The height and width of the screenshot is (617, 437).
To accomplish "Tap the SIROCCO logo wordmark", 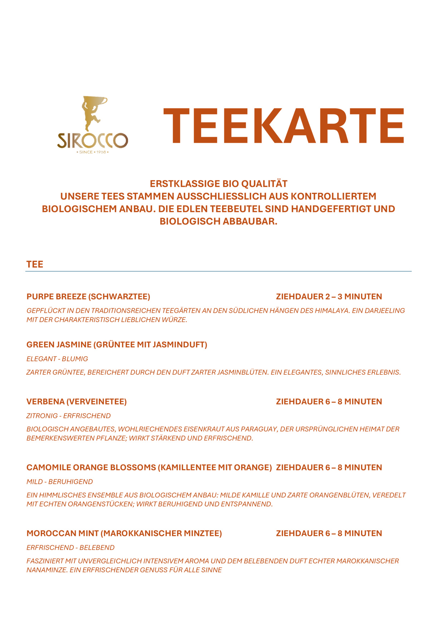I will [93, 141].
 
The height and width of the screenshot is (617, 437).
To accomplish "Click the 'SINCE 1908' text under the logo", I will [93, 152].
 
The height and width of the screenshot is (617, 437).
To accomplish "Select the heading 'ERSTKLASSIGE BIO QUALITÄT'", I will [218, 184].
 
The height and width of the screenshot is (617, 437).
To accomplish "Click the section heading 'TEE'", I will [35, 264].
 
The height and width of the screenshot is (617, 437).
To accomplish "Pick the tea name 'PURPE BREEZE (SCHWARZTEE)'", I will [88, 297].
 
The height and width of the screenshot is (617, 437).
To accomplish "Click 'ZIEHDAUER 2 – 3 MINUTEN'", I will [329, 297].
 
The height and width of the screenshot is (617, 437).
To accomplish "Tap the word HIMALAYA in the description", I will [332, 311].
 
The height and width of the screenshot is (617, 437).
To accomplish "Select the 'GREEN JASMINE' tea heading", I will [117, 345].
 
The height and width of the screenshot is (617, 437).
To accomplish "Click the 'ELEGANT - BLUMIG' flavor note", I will [57, 359].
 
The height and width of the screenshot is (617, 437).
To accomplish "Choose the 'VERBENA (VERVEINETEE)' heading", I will [77, 402].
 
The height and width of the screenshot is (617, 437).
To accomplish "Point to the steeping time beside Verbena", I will [329, 402].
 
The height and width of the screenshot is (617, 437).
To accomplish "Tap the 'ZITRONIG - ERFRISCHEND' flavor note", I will [69, 416].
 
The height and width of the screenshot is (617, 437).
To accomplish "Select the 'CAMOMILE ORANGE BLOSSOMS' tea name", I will [149, 468].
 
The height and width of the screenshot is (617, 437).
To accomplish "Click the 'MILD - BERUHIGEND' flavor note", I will [60, 482].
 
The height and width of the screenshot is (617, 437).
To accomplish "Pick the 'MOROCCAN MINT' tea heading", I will [124, 533].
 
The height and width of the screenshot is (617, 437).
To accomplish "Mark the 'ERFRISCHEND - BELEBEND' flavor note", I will [70, 548].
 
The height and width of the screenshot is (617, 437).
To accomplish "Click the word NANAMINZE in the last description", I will [46, 570].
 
